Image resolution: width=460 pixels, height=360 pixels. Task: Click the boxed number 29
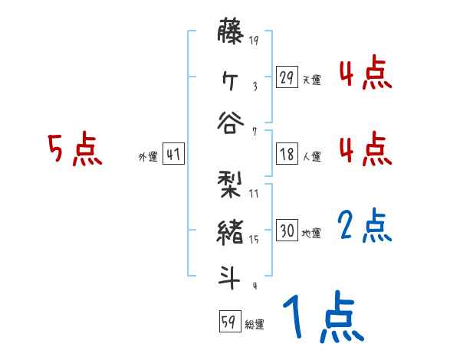(287, 77)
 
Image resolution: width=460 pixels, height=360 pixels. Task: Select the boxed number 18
(287, 154)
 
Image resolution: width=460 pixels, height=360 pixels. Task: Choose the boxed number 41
(173, 154)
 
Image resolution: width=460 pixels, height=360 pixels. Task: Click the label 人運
(312, 156)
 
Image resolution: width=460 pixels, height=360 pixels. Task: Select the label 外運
(147, 156)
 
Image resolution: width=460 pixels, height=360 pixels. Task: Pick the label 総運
(255, 324)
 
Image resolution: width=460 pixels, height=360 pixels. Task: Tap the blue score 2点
(365, 227)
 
